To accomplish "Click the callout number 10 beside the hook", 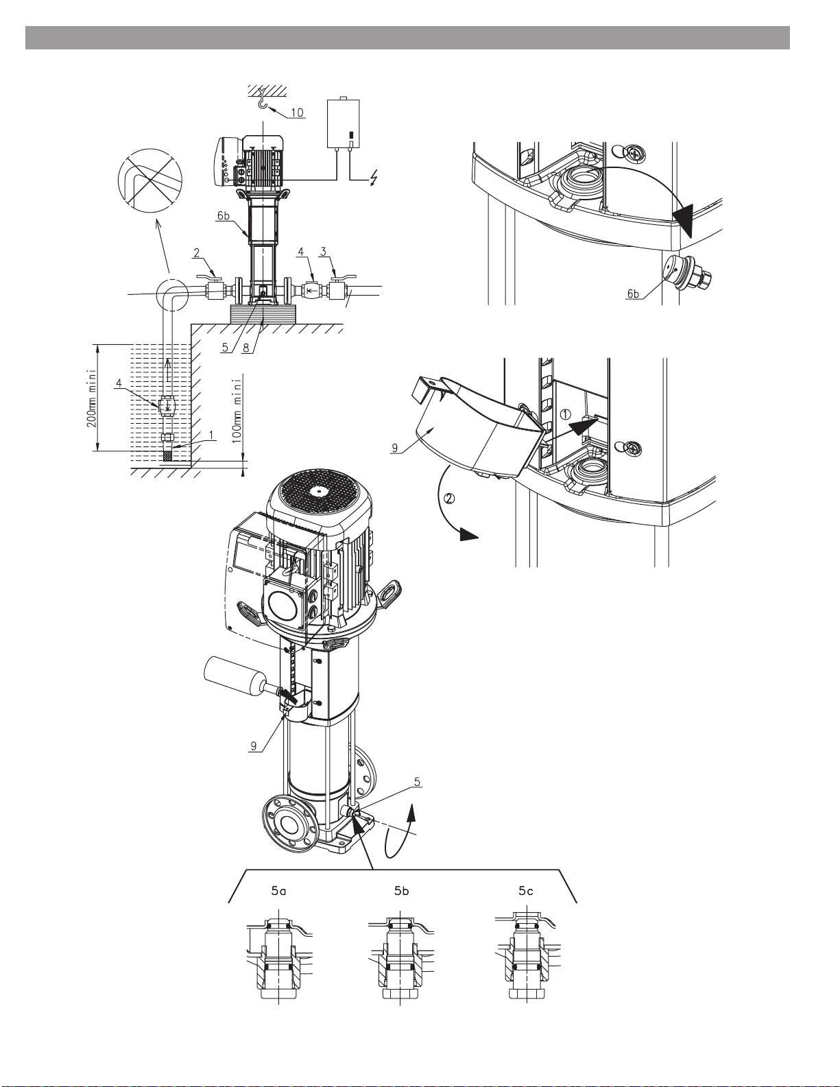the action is click(297, 112).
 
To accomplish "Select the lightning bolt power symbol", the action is click(372, 178).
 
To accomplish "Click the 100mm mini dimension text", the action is click(238, 409).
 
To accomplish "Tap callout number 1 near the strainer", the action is click(212, 435).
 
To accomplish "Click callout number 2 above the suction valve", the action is click(197, 253).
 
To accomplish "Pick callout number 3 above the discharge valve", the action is click(324, 251).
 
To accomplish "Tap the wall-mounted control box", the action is click(344, 123).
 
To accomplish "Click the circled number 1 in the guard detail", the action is click(565, 414).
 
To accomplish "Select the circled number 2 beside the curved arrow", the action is click(450, 498).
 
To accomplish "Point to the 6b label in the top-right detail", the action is click(633, 294).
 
